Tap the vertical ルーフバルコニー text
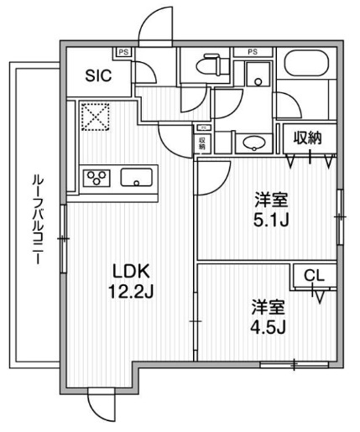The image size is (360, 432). tap(37, 220)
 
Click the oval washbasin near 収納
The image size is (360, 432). tap(250, 143)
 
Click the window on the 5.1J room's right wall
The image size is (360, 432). tap(341, 216)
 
